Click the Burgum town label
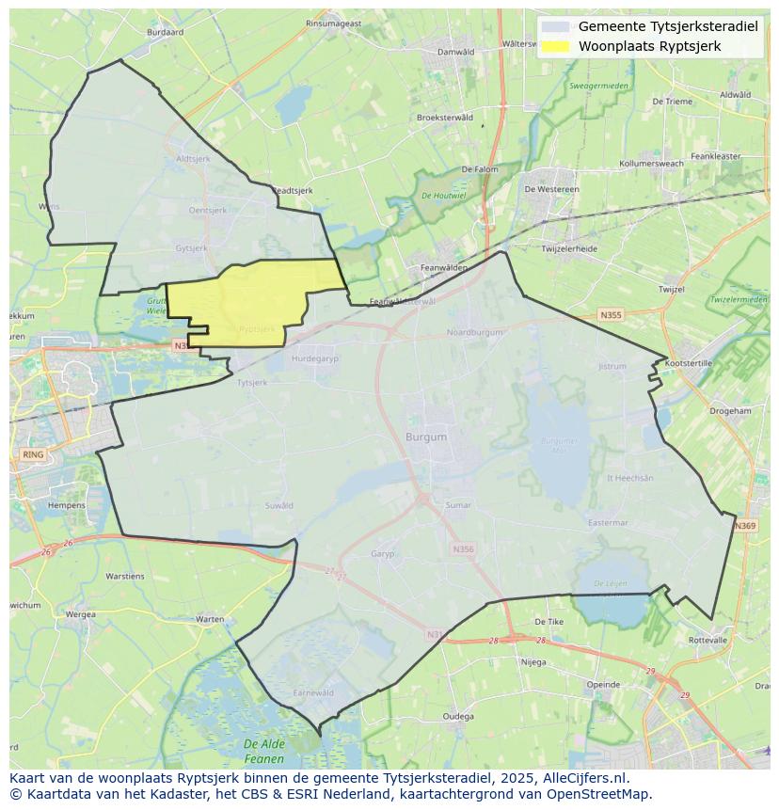pyautogui.click(x=426, y=437)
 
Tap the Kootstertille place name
pyautogui.click(x=689, y=362)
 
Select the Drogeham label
pyautogui.click(x=730, y=411)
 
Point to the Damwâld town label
pyautogui.click(x=456, y=52)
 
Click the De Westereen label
pyautogui.click(x=551, y=189)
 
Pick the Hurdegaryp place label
pyautogui.click(x=314, y=358)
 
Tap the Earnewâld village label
pyautogui.click(x=313, y=692)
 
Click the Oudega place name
pyautogui.click(x=458, y=716)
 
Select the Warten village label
pyautogui.click(x=210, y=619)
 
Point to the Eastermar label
pyautogui.click(x=607, y=523)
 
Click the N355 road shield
pyautogui.click(x=612, y=315)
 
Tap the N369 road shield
pyautogui.click(x=745, y=525)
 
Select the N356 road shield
pyautogui.click(x=463, y=549)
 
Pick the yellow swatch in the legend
pyautogui.click(x=556, y=46)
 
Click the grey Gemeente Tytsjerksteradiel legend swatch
pyautogui.click(x=556, y=26)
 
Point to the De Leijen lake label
pyautogui.click(x=610, y=584)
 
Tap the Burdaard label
pyautogui.click(x=166, y=32)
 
